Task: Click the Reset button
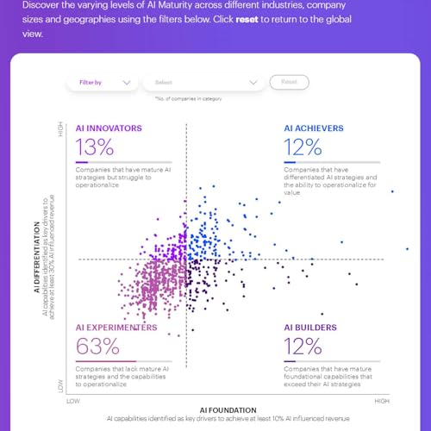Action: pos(289,82)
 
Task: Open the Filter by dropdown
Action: pos(102,82)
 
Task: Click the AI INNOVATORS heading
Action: pos(109,128)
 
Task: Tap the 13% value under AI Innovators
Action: pos(94,146)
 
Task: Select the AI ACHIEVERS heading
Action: pos(314,128)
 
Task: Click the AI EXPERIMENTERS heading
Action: pos(116,328)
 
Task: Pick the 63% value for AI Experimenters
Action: pos(97,347)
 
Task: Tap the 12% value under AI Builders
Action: pos(302,347)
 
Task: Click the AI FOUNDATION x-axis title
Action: pos(228,410)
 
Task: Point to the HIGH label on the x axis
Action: pos(382,401)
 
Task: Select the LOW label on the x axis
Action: pos(73,401)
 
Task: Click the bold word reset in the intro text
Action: pos(248,19)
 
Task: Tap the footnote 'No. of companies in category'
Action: pos(188,99)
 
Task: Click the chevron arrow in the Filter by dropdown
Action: pos(127,83)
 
